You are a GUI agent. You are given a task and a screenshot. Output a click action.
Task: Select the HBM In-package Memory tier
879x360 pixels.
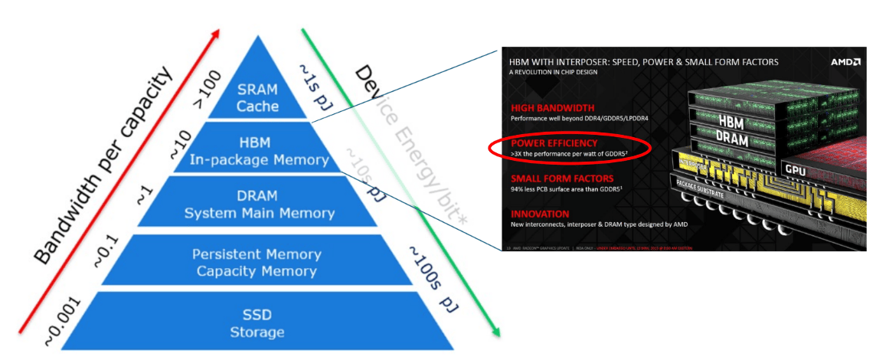[259, 152]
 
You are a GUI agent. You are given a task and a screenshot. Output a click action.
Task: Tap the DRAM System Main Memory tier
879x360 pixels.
[259, 205]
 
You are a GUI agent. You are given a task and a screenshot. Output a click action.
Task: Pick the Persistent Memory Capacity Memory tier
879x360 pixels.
[258, 262]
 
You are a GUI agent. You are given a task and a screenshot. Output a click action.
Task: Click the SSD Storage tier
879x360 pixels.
[257, 324]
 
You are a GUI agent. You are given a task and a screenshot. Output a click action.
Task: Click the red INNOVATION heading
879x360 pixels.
[537, 214]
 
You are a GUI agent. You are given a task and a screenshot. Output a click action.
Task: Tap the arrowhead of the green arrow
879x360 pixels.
[497, 332]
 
